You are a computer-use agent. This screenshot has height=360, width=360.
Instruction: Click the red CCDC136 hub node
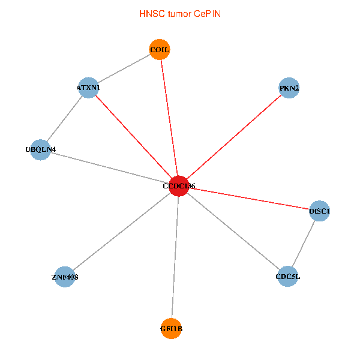coord(179,186)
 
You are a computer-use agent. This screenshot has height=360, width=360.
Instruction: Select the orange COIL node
coord(160,50)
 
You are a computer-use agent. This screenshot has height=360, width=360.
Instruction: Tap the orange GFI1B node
coord(172,328)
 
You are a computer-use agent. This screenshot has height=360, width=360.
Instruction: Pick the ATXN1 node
coord(88,88)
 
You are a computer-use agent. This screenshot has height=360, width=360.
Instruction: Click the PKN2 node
coord(289,88)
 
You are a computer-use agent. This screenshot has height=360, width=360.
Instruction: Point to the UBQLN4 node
coord(40,149)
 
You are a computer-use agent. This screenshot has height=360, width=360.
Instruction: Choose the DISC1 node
coord(320,211)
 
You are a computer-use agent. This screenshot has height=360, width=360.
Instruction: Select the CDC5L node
coord(288,277)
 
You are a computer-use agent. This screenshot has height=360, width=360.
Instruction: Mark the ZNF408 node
coord(65,277)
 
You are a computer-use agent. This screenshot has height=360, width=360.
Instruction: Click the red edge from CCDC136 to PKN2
coord(234,137)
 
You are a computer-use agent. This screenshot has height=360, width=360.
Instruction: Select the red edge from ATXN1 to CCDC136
coord(133,137)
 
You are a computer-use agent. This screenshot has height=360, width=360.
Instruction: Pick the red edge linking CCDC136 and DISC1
coord(249,198)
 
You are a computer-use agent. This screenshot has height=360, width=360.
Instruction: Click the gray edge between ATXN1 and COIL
coord(124,68)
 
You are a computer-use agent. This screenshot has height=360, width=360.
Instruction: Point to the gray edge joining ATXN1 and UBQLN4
coord(64,119)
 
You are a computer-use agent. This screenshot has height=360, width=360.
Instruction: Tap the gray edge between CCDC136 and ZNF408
coord(122,232)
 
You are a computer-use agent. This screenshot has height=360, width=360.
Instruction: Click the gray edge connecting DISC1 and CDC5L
coord(304,244)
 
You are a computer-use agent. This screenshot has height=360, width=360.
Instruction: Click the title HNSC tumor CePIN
coord(179,13)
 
